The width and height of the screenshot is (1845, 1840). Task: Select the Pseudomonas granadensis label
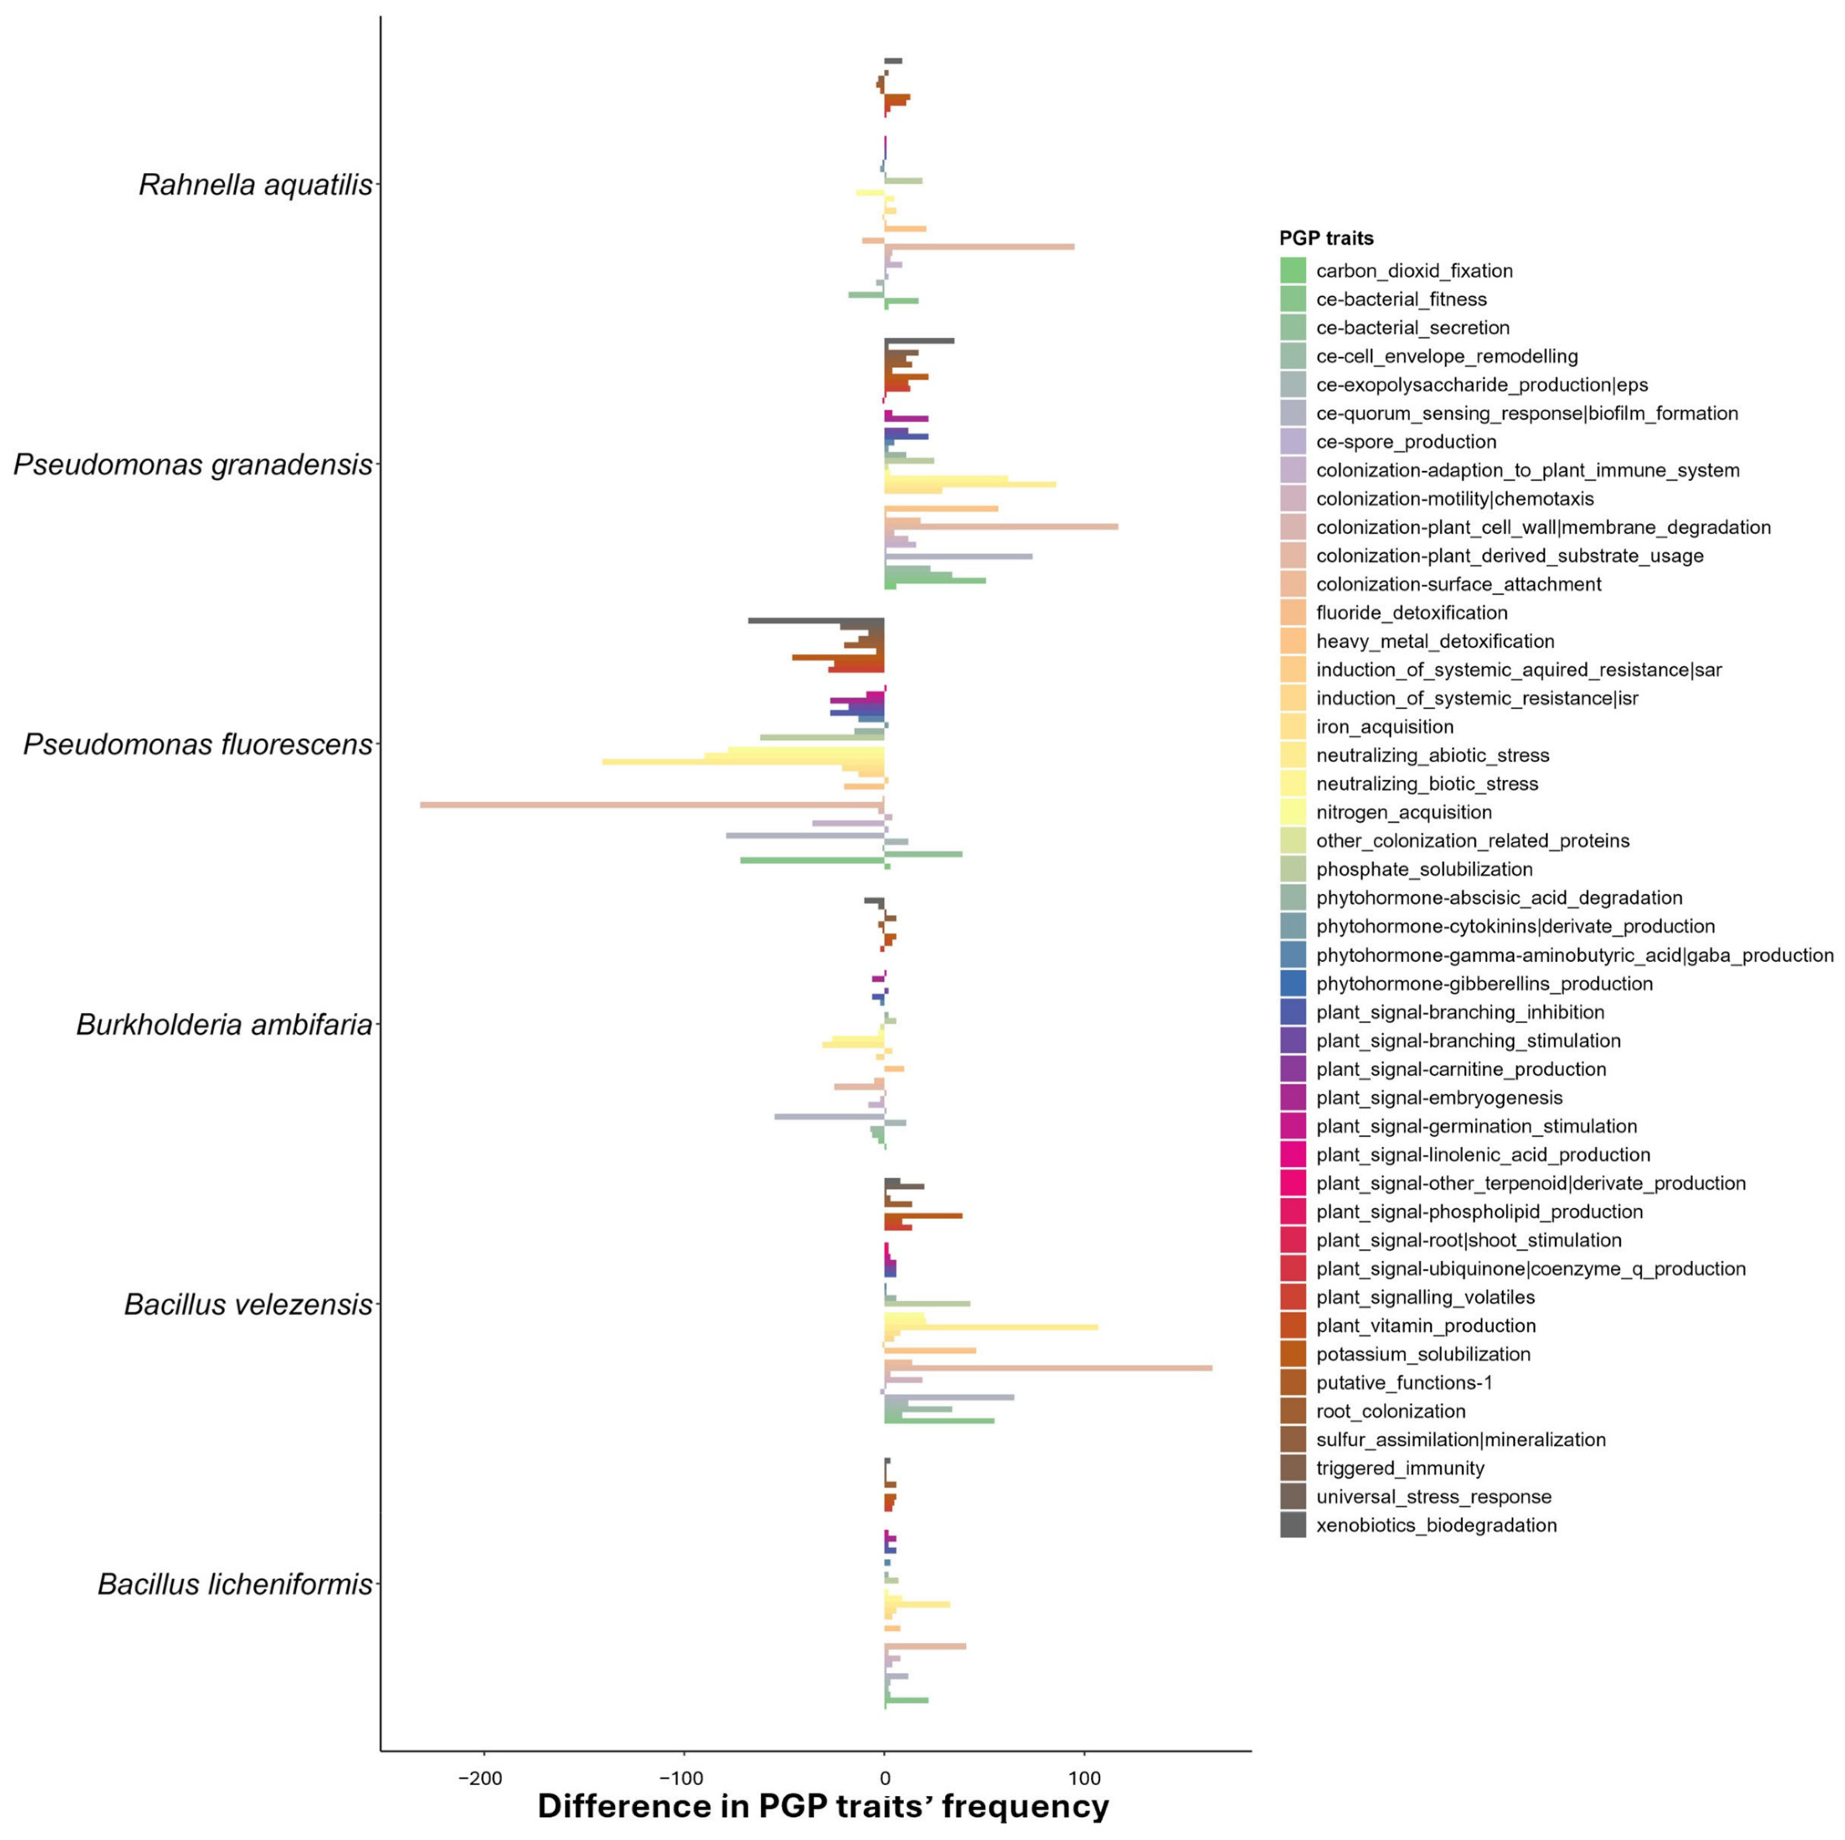coord(193,465)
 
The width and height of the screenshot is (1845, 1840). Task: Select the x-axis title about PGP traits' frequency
coord(823,1806)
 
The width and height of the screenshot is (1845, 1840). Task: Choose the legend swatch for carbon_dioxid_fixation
coord(1293,270)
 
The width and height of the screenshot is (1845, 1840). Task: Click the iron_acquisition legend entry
coord(1385,727)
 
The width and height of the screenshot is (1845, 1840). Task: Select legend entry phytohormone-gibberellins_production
coord(1484,984)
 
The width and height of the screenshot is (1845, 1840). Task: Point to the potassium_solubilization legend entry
coord(1423,1354)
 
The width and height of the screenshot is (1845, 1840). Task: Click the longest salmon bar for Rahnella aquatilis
coord(979,247)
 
